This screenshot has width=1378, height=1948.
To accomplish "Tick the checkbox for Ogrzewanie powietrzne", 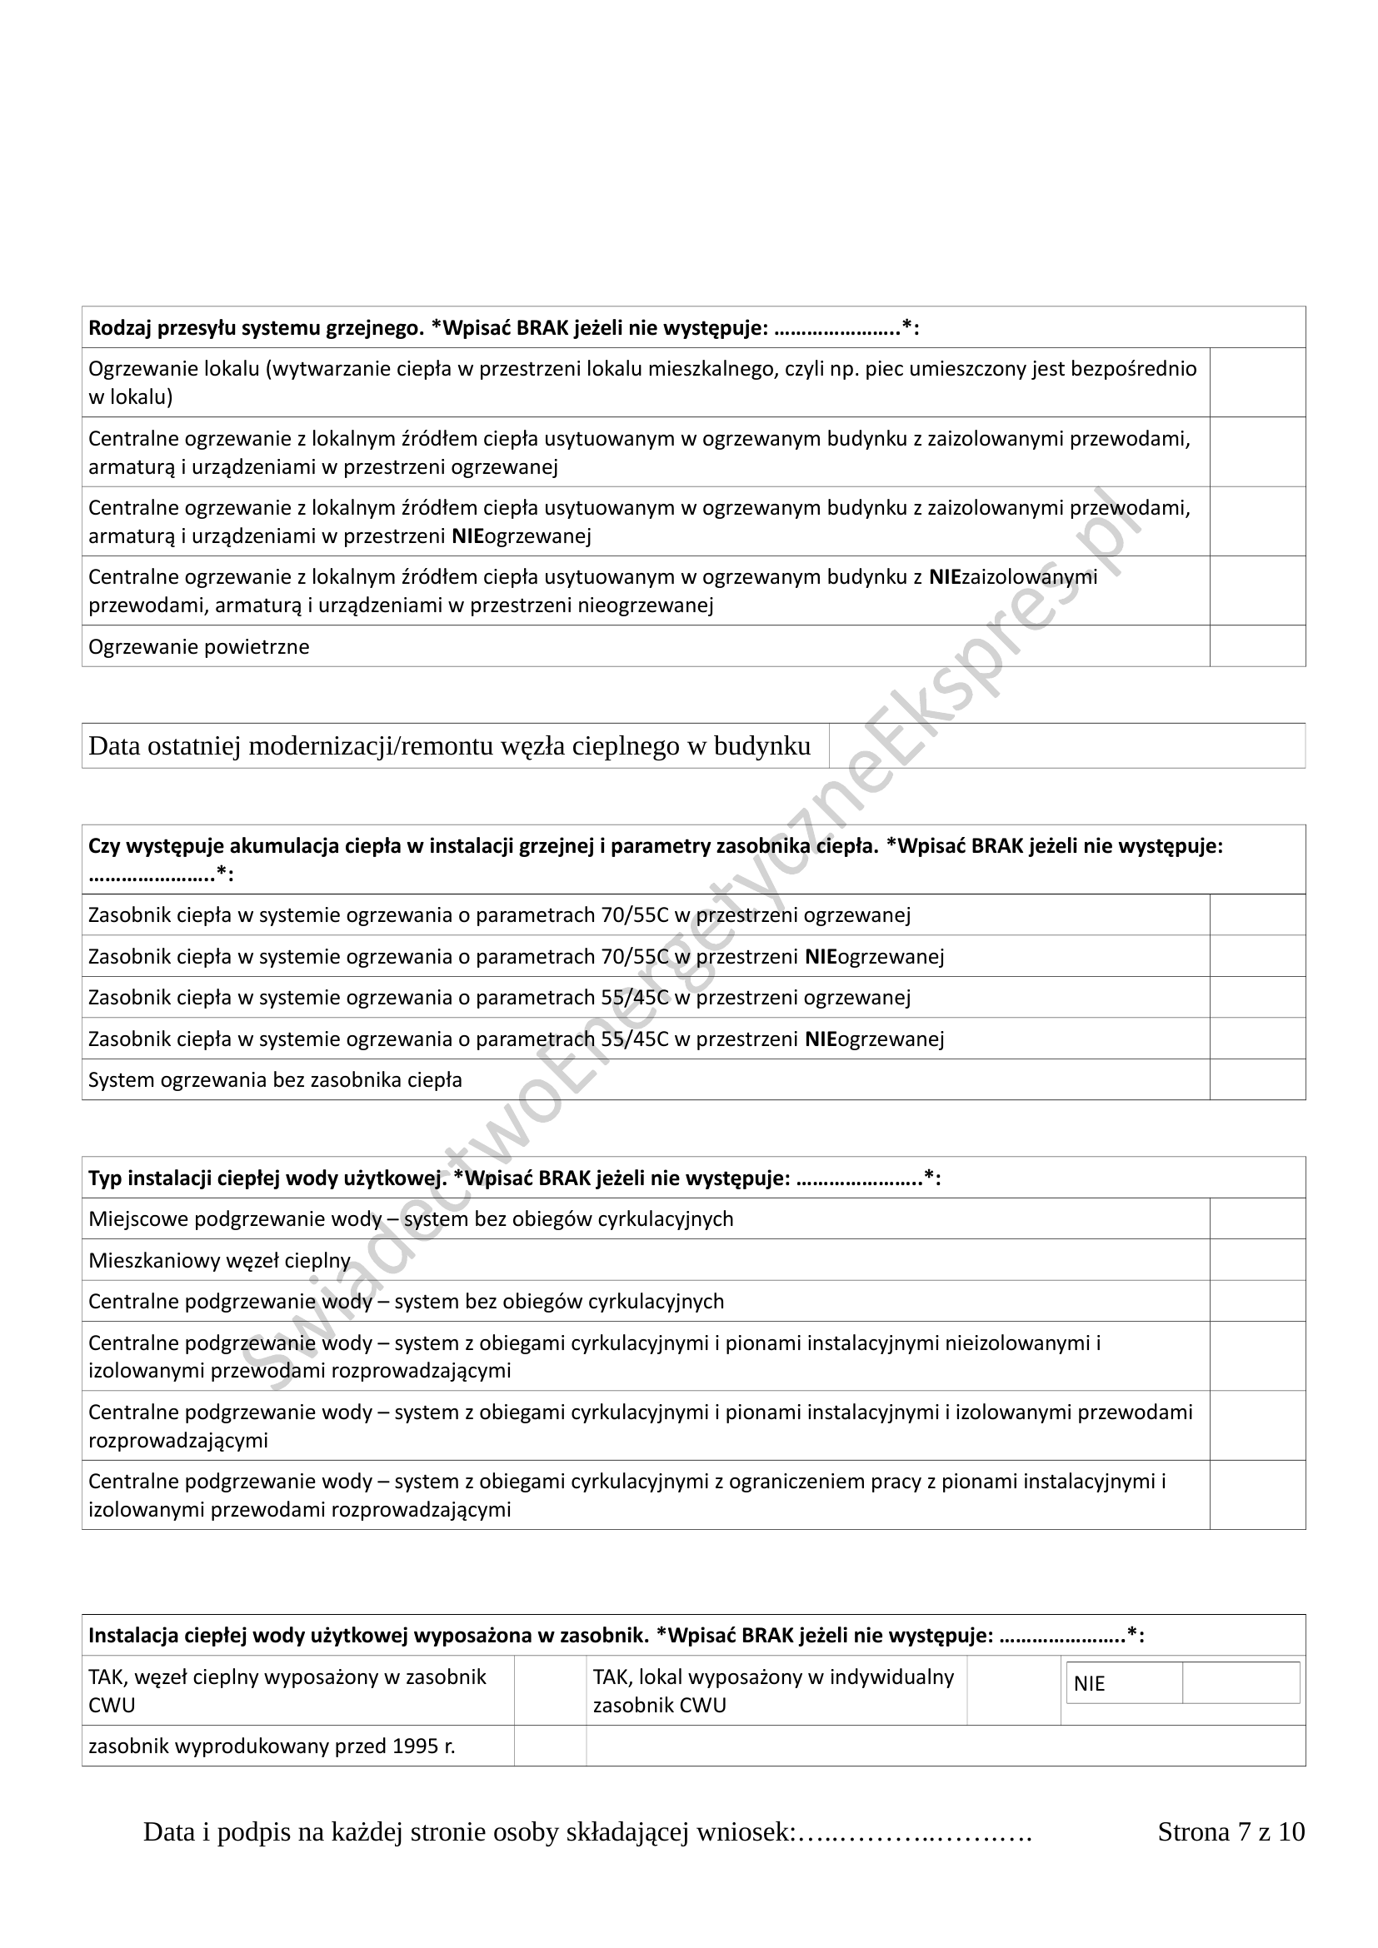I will tap(1256, 646).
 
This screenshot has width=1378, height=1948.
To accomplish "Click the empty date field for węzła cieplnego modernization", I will tap(1066, 745).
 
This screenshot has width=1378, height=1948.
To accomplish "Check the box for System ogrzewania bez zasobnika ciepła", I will tap(1256, 1080).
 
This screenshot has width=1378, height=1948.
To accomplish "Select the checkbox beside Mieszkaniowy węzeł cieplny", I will tap(1256, 1260).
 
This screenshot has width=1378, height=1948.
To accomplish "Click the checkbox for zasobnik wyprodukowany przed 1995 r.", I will tap(550, 1746).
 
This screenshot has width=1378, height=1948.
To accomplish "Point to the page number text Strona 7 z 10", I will tap(1231, 1831).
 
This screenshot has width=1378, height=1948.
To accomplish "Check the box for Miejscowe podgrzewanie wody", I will tap(1256, 1219).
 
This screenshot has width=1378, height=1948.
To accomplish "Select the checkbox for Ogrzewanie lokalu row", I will tap(1256, 382).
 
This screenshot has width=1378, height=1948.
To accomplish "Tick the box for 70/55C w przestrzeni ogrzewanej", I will tap(1256, 914).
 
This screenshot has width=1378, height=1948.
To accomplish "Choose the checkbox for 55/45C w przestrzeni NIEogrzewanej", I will tap(1256, 1039).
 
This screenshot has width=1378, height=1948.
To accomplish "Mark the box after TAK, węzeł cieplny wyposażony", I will tap(550, 1690).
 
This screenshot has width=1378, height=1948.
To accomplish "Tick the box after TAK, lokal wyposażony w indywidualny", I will tap(1013, 1690).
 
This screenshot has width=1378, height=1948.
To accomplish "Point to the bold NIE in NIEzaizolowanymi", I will tap(945, 577).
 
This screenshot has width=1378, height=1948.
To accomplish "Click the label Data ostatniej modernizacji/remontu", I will tap(450, 745).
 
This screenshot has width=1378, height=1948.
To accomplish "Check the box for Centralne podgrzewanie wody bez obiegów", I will tap(1256, 1302).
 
